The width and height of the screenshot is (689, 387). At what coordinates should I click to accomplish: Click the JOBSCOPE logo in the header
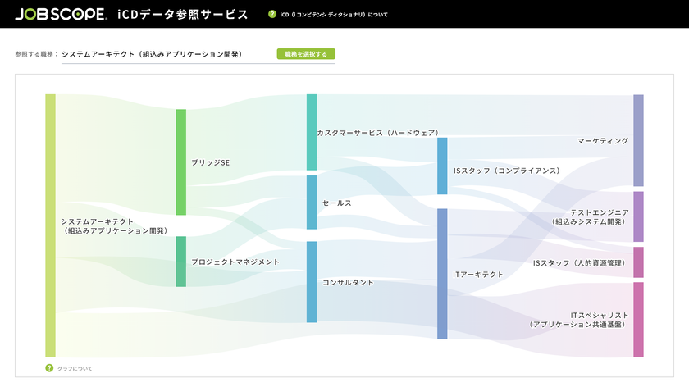[61, 14]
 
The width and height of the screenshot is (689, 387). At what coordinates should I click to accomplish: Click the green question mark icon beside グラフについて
[49, 368]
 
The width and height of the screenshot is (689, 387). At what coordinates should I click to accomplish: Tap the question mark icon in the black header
[272, 14]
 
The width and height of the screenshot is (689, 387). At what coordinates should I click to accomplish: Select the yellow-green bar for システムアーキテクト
[51, 225]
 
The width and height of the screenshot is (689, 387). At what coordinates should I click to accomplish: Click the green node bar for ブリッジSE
[181, 162]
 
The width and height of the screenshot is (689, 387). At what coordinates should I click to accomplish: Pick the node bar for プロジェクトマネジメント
[181, 262]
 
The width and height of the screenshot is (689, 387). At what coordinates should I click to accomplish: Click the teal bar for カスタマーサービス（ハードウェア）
[312, 132]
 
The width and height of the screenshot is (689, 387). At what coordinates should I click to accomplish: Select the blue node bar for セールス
[312, 203]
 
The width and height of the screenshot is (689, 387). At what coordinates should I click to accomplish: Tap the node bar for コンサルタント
[312, 282]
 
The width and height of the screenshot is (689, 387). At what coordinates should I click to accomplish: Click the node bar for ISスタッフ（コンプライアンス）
[442, 166]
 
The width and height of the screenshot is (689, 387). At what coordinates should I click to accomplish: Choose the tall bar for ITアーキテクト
[442, 274]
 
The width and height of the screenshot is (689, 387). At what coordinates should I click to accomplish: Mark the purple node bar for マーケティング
[638, 140]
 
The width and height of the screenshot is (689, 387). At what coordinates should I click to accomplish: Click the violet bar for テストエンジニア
[638, 216]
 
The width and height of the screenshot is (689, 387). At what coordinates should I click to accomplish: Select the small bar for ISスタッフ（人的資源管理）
[638, 262]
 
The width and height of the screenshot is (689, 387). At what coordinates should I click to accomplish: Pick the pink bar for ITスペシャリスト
[638, 319]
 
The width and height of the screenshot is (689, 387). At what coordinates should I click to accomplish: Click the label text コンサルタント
[348, 282]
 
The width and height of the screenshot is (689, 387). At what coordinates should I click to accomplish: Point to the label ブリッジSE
[211, 162]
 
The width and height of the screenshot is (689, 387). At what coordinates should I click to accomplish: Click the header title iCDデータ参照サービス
[183, 15]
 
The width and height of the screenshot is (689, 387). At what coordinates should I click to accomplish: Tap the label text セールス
[337, 203]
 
